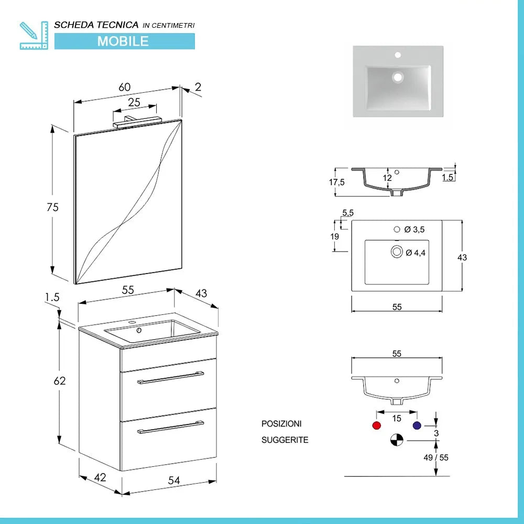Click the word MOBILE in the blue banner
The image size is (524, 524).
[123, 41]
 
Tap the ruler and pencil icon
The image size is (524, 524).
[32, 35]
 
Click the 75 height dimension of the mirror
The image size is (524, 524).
[52, 208]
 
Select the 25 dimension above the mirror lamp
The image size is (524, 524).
[134, 103]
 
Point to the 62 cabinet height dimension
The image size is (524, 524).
[60, 381]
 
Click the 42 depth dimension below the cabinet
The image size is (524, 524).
[101, 477]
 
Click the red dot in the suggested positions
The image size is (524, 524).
[376, 425]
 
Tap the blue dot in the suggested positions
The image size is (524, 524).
[417, 425]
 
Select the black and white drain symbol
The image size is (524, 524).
[397, 440]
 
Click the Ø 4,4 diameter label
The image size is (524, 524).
[414, 253]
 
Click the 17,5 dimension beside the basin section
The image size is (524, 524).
[337, 182]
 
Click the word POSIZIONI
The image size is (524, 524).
[281, 423]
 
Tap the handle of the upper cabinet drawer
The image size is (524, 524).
[170, 378]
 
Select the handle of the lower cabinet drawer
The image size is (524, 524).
[170, 427]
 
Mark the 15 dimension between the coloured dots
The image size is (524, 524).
[397, 419]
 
